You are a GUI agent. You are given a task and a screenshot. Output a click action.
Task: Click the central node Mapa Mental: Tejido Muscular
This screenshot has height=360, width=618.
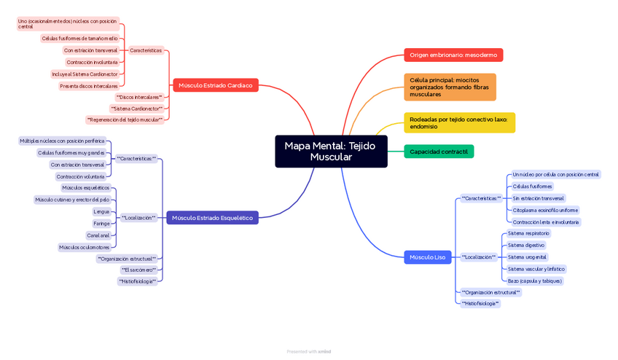coord(331,151)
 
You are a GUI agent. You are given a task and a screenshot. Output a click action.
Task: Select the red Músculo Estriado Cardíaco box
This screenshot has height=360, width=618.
coord(215,85)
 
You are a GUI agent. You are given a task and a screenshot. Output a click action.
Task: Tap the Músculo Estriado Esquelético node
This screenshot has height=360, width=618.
coord(212,217)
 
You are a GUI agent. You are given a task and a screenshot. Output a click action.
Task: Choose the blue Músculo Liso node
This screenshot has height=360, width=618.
coord(427,257)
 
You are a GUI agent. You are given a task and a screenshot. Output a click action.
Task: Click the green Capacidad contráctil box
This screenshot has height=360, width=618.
coord(439,152)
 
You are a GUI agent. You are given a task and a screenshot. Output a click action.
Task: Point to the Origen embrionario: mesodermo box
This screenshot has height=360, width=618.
coord(453,55)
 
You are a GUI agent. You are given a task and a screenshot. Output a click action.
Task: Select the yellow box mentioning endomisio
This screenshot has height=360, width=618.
coord(459,122)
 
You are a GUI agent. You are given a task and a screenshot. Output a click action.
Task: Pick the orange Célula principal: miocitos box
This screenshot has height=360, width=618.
coord(449,87)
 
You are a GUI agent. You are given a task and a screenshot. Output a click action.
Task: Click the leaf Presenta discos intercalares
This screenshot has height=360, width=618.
coord(88,86)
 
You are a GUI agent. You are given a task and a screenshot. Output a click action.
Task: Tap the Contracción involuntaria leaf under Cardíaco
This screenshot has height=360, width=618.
coord(92,62)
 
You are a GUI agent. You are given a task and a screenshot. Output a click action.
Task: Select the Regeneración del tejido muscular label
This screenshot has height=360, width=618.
coord(125,120)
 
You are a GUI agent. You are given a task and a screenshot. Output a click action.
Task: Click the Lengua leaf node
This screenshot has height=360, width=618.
coord(101,211)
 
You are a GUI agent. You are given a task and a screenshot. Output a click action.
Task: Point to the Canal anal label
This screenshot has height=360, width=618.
coord(98,235)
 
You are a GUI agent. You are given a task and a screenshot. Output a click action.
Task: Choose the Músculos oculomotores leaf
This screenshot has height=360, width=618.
coord(85,247)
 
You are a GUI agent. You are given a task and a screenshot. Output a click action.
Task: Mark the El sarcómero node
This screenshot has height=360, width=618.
coord(138,270)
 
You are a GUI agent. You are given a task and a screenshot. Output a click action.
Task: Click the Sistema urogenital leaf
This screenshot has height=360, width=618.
coord(527,257)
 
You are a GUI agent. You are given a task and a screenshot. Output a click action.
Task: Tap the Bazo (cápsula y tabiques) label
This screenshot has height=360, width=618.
coord(535,281)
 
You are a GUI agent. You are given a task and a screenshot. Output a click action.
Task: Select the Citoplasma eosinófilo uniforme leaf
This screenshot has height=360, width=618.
coord(545,210)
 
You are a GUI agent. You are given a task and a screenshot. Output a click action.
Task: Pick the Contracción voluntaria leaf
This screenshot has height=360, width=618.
coord(80,176)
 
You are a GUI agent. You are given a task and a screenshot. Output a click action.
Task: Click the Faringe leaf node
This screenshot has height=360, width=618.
coord(101,224)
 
